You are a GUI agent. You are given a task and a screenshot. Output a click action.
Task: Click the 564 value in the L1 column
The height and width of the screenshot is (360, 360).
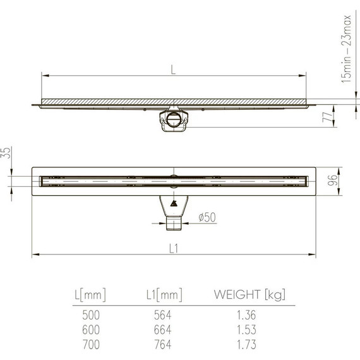(x=162, y=315)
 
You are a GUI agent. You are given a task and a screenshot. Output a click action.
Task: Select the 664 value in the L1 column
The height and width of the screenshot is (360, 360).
(x=162, y=328)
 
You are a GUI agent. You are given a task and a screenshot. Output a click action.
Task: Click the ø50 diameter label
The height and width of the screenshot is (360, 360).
(x=207, y=217)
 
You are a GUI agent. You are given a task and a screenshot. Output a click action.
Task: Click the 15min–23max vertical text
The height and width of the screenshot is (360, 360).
(x=345, y=50)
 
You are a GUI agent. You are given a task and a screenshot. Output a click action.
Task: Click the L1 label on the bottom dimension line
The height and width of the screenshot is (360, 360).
(x=173, y=249)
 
